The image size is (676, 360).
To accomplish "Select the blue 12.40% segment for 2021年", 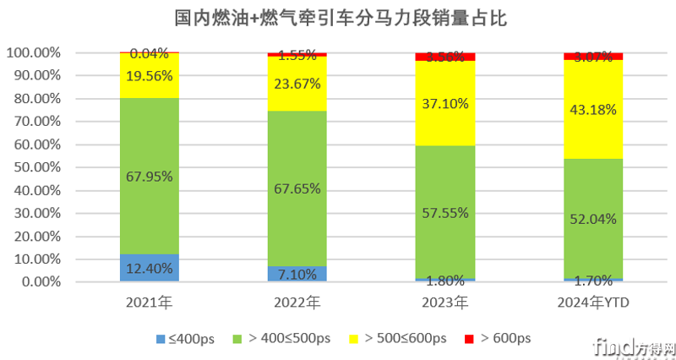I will coord(149,268).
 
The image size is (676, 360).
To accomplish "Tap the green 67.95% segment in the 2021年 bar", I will coord(149,176).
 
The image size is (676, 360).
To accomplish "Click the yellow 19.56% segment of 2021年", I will coord(149,76).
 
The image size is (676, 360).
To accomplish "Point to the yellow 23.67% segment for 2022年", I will coord(297,84).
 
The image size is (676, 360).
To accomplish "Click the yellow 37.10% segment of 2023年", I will coord(445,103).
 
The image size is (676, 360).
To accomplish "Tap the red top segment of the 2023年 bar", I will coord(445,57).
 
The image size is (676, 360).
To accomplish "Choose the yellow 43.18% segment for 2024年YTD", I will coord(593,110).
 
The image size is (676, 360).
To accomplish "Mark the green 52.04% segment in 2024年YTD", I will coord(593,218).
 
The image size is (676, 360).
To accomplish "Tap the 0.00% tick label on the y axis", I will coord(37,282).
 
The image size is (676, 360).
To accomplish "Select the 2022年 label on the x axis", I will coord(297,302).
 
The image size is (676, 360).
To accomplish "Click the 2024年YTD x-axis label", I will coord(593,302).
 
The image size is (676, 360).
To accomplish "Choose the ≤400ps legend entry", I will coord(186,339).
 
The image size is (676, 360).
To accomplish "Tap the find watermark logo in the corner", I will coord(635,346).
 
